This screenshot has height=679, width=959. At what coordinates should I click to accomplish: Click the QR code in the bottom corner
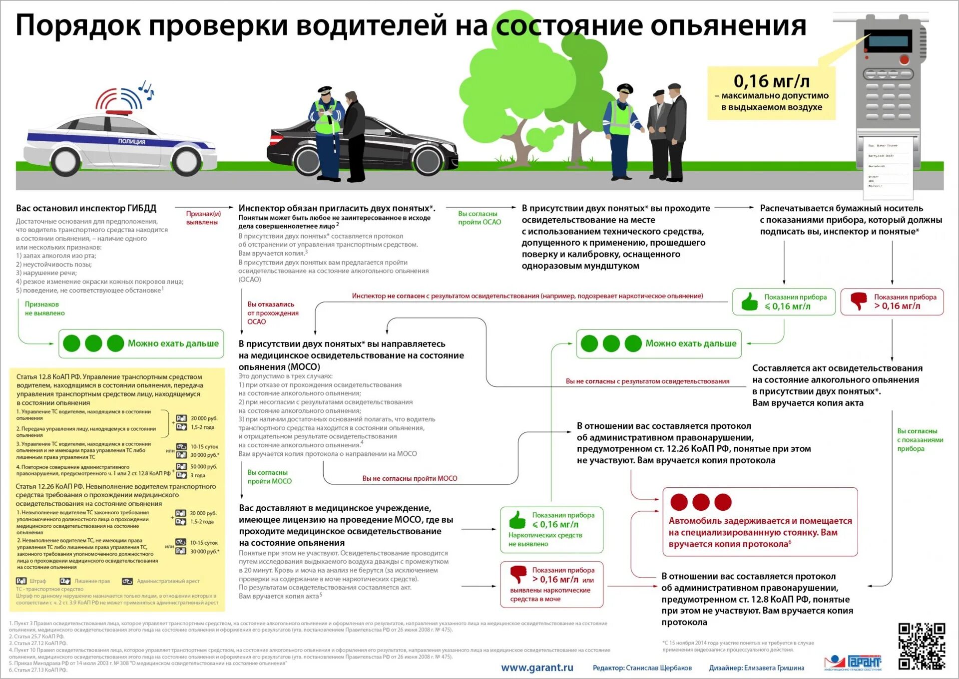point(922,646)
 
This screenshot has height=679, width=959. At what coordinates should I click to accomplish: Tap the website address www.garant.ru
point(537,668)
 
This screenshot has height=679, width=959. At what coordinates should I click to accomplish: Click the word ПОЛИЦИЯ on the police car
point(132,142)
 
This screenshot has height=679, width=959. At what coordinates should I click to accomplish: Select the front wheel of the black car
point(428,160)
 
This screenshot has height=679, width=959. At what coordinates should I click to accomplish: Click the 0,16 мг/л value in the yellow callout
point(771,81)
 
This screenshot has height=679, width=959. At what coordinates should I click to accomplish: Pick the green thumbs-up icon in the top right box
point(749,302)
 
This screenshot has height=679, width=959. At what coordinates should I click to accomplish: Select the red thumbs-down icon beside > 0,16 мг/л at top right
point(859,301)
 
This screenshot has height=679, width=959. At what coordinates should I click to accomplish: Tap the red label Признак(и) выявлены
point(203,218)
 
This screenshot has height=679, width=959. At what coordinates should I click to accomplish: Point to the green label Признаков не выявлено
point(44,309)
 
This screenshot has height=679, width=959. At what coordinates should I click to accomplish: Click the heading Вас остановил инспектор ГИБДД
point(86,208)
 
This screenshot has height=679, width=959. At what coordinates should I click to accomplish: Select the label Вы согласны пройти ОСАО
point(479,218)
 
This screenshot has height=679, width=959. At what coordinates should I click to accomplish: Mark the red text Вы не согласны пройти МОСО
point(410,478)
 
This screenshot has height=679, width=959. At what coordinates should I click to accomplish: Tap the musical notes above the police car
point(146,90)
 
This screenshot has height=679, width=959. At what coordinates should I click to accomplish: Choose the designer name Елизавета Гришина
point(774,668)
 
